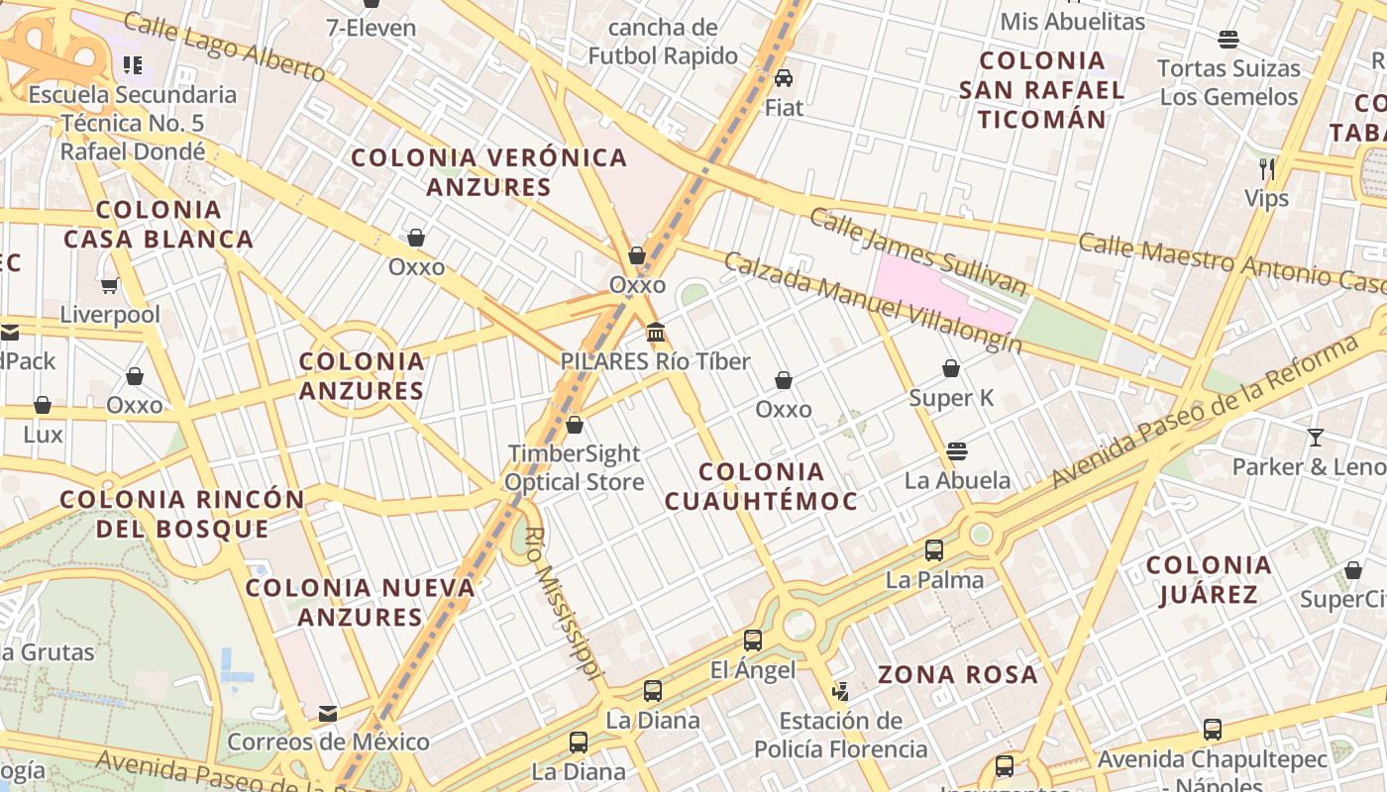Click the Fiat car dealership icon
pyautogui.click(x=784, y=77)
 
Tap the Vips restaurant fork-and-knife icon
pyautogui.click(x=1266, y=168)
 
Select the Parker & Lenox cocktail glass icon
pyautogui.click(x=1315, y=437)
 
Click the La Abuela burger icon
pyautogui.click(x=956, y=451)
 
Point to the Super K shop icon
pyautogui.click(x=951, y=368)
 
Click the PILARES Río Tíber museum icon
pyautogui.click(x=655, y=332)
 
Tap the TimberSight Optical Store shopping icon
pyautogui.click(x=574, y=425)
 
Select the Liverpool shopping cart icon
pyautogui.click(x=109, y=285)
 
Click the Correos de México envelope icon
pyautogui.click(x=328, y=713)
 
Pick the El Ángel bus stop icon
pyautogui.click(x=753, y=641)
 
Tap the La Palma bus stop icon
pyautogui.click(x=934, y=550)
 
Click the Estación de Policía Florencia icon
pyautogui.click(x=840, y=691)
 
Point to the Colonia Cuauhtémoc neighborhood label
pyautogui.click(x=761, y=486)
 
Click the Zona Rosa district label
pyautogui.click(x=958, y=675)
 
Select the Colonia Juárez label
pyautogui.click(x=1209, y=579)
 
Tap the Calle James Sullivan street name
pyautogui.click(x=917, y=251)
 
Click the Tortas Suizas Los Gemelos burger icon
pyautogui.click(x=1228, y=40)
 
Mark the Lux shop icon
pyautogui.click(x=43, y=405)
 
